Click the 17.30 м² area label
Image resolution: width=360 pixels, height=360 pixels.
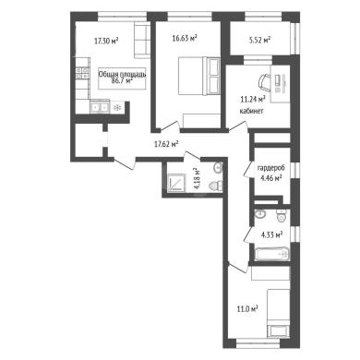(106, 41)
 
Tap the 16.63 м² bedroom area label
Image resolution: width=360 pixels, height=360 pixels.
(185, 38)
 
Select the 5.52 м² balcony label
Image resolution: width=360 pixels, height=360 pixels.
(259, 40)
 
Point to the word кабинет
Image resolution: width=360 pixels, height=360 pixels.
(251, 111)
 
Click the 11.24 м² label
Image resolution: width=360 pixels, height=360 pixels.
(253, 99)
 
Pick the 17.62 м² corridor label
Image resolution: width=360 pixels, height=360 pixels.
(166, 144)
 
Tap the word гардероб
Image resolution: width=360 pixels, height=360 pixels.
(271, 168)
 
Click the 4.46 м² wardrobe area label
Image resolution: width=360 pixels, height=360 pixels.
(271, 178)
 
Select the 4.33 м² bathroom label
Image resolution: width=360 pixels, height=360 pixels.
(272, 235)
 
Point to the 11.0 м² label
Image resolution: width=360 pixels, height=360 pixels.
(247, 308)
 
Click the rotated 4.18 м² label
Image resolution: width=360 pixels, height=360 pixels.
(197, 178)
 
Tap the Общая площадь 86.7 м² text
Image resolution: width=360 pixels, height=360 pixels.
(122, 78)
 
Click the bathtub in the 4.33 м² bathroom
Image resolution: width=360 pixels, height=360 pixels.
(272, 254)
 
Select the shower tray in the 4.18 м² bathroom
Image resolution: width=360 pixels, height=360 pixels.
(175, 183)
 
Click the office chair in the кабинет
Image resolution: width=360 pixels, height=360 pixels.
(263, 82)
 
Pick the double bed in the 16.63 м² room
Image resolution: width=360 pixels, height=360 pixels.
(198, 76)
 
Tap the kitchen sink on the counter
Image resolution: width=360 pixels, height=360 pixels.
(100, 107)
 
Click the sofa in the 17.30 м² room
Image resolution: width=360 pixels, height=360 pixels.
(142, 40)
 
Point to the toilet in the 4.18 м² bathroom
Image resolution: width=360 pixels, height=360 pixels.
(216, 186)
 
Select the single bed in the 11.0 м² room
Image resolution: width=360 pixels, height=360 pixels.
(278, 314)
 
